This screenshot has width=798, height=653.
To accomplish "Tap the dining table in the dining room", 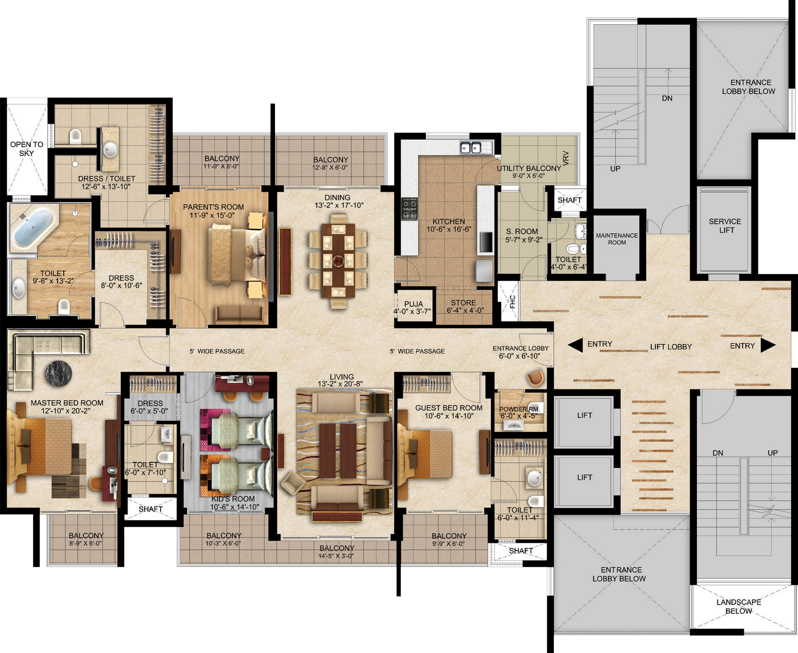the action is coord(338,261).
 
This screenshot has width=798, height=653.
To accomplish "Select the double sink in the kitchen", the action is coord(470,148).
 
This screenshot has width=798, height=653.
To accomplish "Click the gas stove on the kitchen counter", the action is coord(409,209).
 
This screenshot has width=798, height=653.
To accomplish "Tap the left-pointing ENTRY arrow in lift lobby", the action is coord(575,346).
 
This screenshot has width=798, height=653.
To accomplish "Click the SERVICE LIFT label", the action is coord(725,226).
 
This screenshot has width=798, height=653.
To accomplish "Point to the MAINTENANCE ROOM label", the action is coord(617,239).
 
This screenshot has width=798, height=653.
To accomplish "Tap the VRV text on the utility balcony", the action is coord(566,158).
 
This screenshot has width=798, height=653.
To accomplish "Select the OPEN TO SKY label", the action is coord(27,148).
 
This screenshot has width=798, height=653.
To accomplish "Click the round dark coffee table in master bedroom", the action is coord(59,374).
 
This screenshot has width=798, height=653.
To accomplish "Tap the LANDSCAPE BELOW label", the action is coord(739,607).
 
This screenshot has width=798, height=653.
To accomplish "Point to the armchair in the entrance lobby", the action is coord(535,378).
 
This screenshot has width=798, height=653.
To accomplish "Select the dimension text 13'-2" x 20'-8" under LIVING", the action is coord(340,384).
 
